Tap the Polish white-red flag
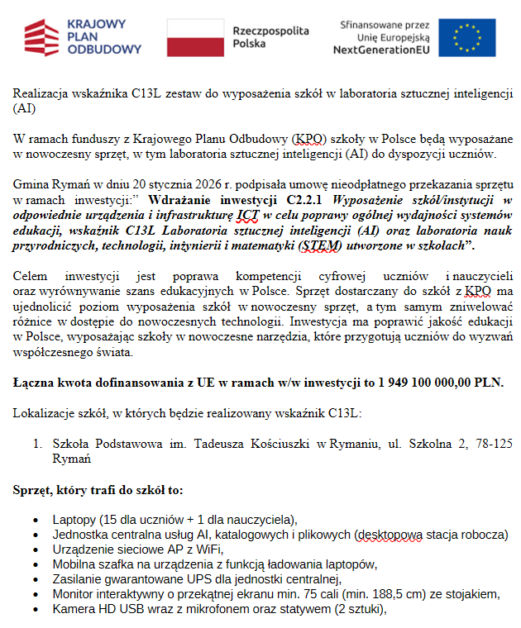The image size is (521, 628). click(x=195, y=37)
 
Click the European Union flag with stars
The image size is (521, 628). click(x=466, y=37)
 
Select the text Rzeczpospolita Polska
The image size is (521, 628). click(x=270, y=37)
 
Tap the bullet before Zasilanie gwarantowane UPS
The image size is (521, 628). click(x=36, y=580)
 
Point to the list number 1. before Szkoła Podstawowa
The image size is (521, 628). click(x=37, y=445)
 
